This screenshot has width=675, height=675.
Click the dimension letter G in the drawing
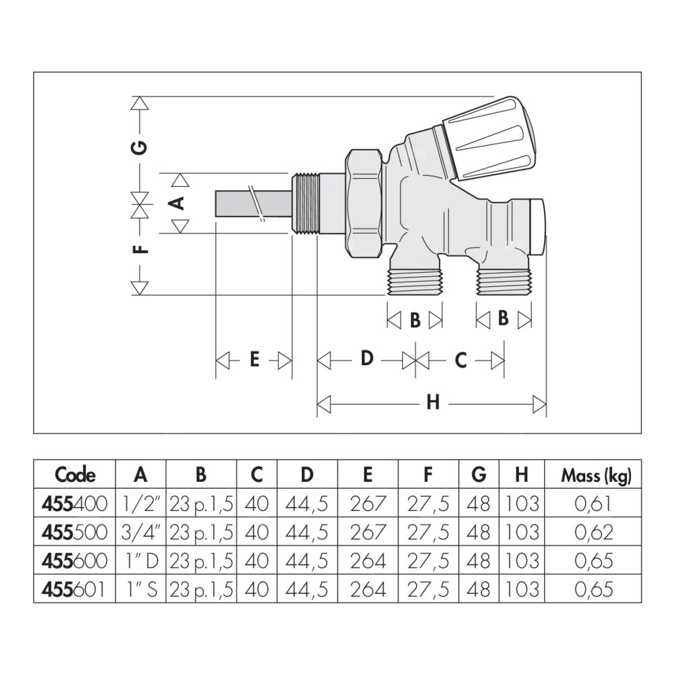point(140,147)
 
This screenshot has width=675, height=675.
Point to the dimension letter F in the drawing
point(140,249)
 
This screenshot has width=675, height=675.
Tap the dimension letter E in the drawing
point(254,359)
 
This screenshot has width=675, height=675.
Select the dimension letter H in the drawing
point(433,402)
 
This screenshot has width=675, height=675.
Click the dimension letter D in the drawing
point(367,358)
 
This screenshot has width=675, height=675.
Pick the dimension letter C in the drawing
point(460,360)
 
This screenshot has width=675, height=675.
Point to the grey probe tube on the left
point(254,204)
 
